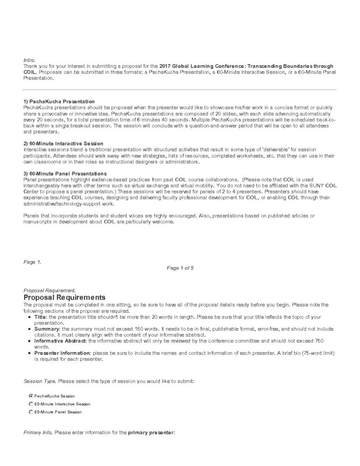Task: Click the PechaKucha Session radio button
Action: (x=31, y=396)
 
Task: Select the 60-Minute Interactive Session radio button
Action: (x=31, y=404)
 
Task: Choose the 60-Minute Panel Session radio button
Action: (x=31, y=412)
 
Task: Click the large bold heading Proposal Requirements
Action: (x=64, y=297)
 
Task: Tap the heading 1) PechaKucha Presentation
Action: (x=59, y=101)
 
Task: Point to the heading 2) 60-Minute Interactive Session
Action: (x=63, y=143)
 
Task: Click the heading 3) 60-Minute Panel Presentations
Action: (x=65, y=173)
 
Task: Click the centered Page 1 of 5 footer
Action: (x=180, y=268)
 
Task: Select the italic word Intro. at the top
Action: (x=29, y=60)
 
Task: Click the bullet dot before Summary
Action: (x=29, y=329)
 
